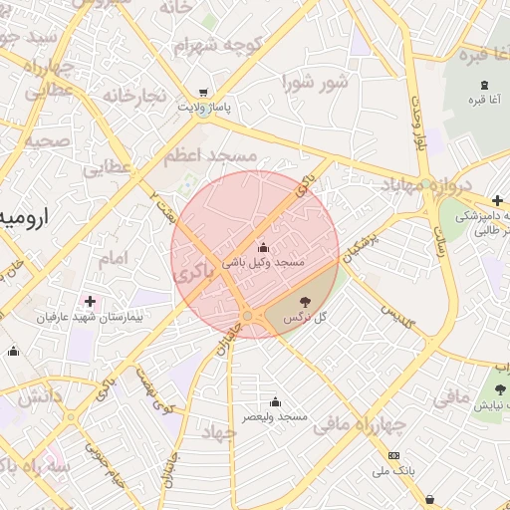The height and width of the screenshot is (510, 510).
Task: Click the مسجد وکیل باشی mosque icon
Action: [263, 247]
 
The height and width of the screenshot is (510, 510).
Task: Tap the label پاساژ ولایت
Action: [204, 105]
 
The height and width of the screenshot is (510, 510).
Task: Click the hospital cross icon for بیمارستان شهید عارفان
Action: [91, 301]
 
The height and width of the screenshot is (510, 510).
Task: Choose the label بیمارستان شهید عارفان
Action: [91, 317]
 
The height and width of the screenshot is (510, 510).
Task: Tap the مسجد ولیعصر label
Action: [274, 415]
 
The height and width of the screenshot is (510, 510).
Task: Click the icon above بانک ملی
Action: [392, 456]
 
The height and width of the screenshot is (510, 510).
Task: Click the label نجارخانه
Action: [131, 96]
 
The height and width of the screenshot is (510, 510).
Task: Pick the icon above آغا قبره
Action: [484, 84]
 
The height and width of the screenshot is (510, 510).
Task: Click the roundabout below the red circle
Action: [247, 316]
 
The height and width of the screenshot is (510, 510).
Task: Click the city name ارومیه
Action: [20, 216]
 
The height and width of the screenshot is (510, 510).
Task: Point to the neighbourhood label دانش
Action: [42, 396]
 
